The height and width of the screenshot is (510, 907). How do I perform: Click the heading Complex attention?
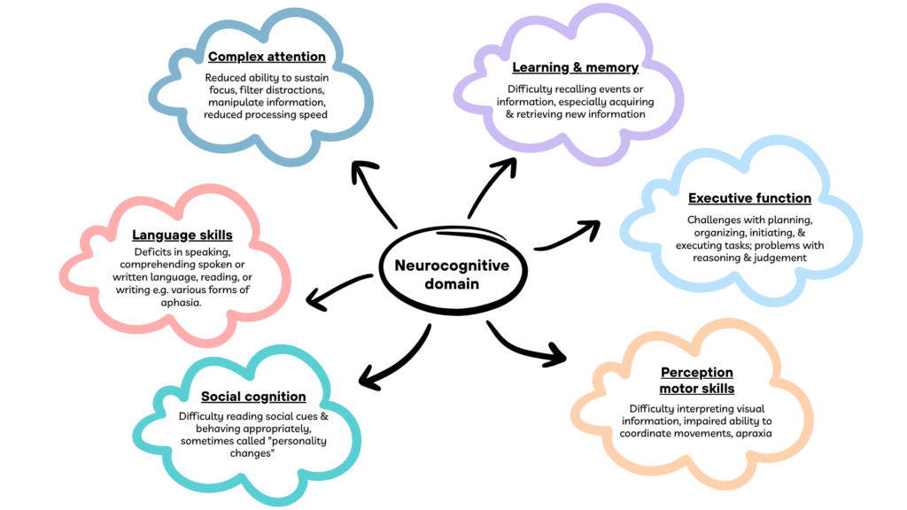(x=267, y=58)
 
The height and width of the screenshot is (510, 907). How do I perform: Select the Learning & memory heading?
(x=575, y=67)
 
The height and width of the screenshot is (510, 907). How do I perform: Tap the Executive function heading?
(x=749, y=198)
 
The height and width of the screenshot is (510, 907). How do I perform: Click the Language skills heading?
(x=182, y=235)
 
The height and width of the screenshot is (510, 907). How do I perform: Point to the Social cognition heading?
(x=253, y=396)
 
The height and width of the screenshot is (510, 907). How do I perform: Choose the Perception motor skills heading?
(x=697, y=381)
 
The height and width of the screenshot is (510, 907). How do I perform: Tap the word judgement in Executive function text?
(x=779, y=258)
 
